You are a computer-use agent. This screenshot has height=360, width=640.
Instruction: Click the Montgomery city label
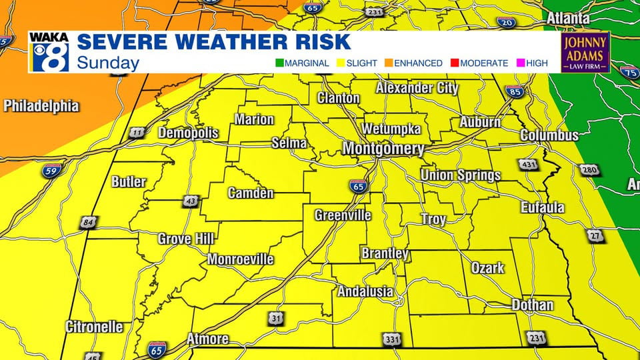(x=383, y=149)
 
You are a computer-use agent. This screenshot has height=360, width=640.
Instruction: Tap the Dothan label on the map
(x=532, y=305)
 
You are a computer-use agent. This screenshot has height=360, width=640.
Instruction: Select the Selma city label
(x=289, y=143)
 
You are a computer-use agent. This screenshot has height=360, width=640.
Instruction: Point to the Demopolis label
(x=188, y=133)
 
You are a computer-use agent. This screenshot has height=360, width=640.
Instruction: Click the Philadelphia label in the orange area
(x=41, y=106)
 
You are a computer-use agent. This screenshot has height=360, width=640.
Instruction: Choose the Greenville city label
(x=343, y=215)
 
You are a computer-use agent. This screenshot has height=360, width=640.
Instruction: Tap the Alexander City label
(x=417, y=88)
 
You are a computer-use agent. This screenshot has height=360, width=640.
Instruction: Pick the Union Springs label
(x=460, y=175)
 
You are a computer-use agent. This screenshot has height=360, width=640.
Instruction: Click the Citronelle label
(x=94, y=327)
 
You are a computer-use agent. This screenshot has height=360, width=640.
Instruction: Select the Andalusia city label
(x=365, y=291)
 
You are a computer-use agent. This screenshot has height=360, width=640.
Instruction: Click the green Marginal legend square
(x=280, y=63)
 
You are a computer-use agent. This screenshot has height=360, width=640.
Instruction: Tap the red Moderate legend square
(x=453, y=63)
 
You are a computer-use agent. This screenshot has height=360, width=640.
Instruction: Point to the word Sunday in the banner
(x=108, y=63)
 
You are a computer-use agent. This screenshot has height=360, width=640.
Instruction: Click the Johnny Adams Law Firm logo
(x=585, y=53)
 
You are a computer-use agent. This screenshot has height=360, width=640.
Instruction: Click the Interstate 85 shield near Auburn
(x=514, y=92)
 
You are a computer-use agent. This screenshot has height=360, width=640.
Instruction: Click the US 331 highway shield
(x=393, y=340)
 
